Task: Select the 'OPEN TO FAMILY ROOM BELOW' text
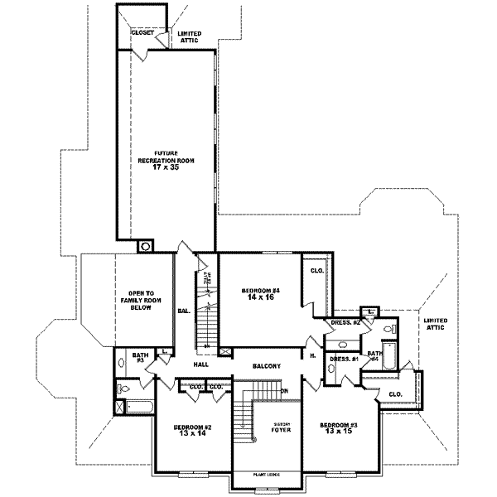pos(143,300)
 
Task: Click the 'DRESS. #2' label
pos(345,322)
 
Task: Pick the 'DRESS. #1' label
pos(342,359)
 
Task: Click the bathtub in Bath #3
pos(138,407)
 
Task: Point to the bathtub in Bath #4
pos(406,357)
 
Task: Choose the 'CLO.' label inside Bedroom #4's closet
pos(316,271)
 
